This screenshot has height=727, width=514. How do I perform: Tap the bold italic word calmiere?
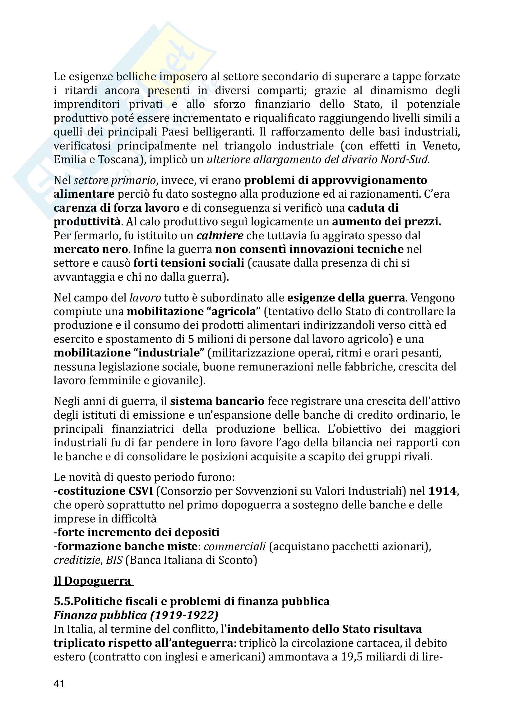[220, 236]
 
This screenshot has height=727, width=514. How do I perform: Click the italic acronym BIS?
[114, 560]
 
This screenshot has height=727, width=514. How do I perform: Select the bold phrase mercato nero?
[90, 249]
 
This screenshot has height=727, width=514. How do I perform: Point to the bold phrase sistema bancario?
[217, 401]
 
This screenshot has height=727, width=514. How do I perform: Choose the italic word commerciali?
[235, 546]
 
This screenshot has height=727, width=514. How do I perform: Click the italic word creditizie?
[77, 560]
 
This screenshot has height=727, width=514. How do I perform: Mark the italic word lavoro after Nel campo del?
[145, 298]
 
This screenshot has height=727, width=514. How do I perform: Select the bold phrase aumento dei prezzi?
[387, 222]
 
